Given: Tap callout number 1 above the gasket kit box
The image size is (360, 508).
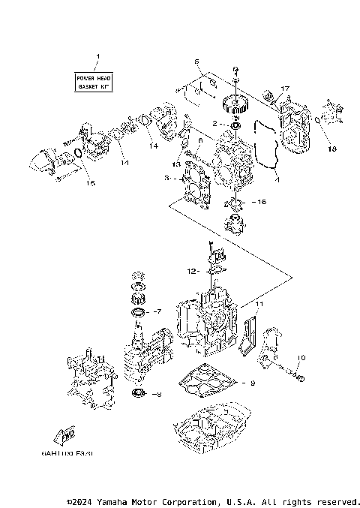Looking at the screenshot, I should tap(96, 57).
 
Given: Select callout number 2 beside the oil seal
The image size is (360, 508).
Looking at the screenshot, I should tap(214, 123).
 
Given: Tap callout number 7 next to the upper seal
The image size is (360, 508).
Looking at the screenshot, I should tap(157, 310).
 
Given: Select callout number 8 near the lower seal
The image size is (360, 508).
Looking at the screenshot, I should tap(157, 393).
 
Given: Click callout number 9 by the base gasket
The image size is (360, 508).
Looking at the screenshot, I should tap(253, 383).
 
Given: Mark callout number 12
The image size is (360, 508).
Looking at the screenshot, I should tap(192, 270).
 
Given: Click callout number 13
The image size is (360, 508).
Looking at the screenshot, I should tap(175, 164).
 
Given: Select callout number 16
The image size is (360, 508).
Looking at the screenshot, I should tap(261, 202).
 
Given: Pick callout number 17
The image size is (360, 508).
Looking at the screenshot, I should tap(285, 89).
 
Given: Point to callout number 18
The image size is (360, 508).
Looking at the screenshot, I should tap(332, 149).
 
